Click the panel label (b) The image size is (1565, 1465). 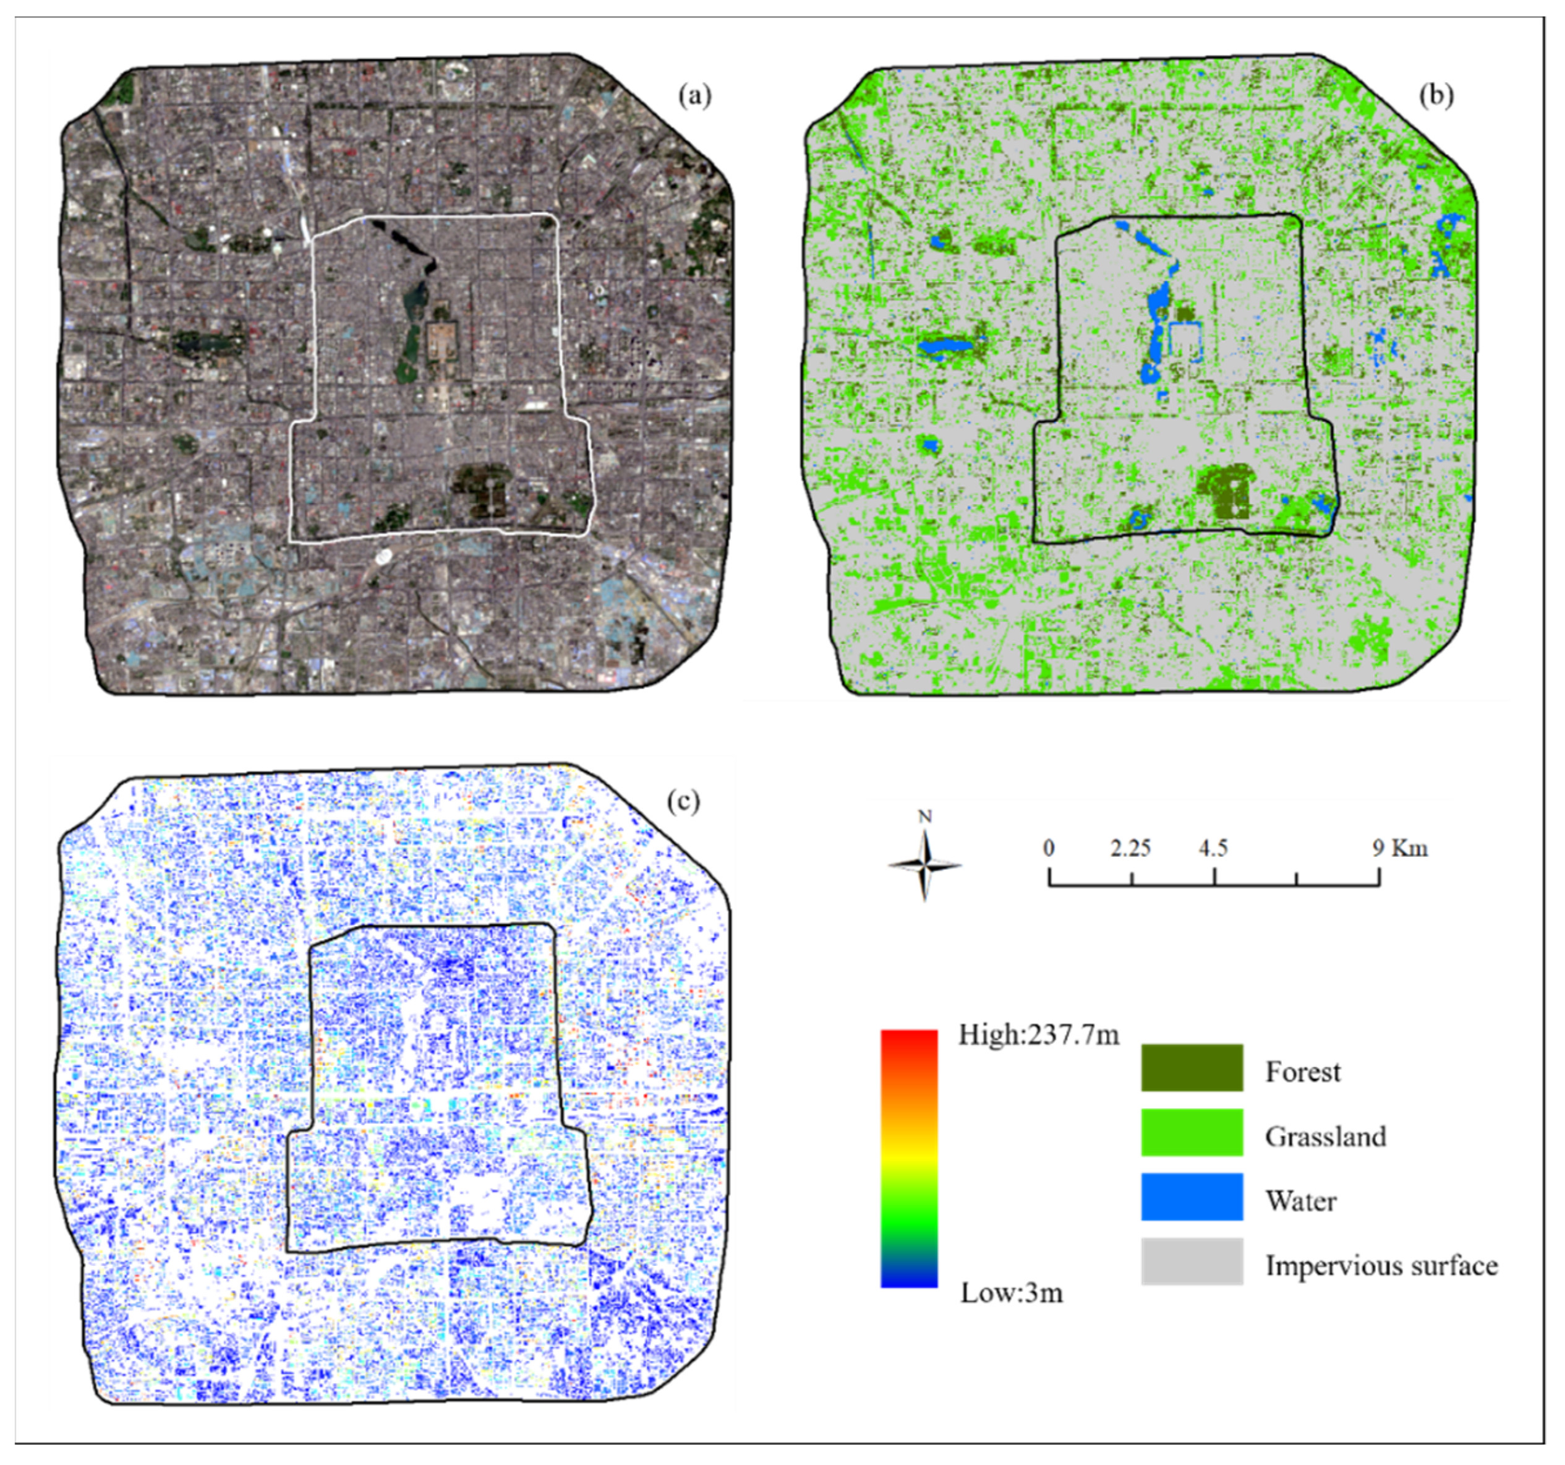click(1436, 95)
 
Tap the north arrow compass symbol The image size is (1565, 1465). click(924, 866)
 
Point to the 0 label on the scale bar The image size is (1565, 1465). click(1049, 848)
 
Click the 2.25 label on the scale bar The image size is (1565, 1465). click(1130, 848)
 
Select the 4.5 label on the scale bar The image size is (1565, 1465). click(1213, 848)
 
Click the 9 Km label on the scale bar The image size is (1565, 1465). click(1400, 848)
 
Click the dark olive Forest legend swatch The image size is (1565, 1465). click(1192, 1068)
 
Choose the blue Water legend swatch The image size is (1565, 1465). click(1192, 1197)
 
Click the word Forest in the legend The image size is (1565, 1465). click(1302, 1072)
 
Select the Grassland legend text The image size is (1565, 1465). click(1326, 1136)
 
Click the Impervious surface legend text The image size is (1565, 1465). click(1381, 1266)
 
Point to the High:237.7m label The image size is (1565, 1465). click(1038, 1035)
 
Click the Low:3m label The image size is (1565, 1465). click(1011, 1292)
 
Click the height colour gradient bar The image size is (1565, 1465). click(909, 1158)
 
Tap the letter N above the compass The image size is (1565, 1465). click(925, 817)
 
